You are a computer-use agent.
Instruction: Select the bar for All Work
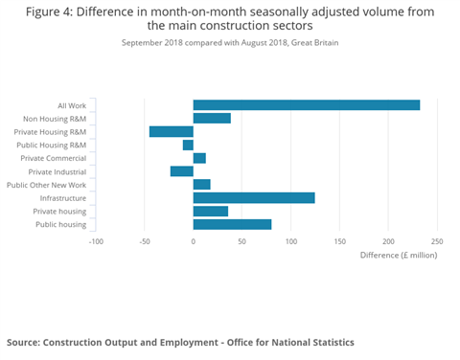click(306, 105)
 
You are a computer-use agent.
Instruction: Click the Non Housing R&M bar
click(212, 118)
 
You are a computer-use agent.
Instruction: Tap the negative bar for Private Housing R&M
click(172, 131)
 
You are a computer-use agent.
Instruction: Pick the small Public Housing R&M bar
click(188, 145)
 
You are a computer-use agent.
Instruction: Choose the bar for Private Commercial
click(199, 158)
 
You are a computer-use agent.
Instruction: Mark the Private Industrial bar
click(182, 171)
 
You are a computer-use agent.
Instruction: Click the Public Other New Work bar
click(201, 185)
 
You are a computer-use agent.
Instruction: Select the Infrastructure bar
click(254, 198)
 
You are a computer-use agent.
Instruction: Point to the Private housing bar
click(211, 211)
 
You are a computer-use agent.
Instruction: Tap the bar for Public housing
click(232, 224)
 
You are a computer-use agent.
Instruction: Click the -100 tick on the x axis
click(96, 241)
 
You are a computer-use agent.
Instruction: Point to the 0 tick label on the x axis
click(194, 241)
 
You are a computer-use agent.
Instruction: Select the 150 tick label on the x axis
click(339, 241)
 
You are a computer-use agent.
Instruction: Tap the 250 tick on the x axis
click(437, 241)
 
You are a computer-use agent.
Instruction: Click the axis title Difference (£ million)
click(399, 256)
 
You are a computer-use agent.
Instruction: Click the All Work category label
click(71, 105)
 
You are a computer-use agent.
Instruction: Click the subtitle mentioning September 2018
click(230, 43)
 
